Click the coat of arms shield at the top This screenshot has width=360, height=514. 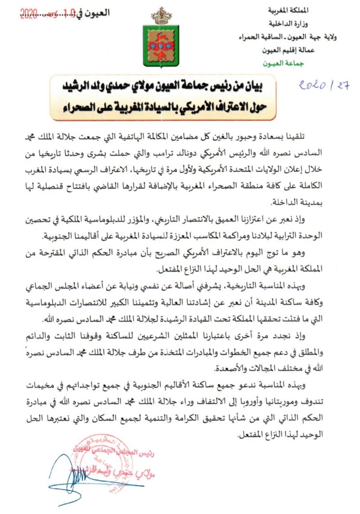[161, 45]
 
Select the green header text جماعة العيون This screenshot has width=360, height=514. [284, 63]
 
